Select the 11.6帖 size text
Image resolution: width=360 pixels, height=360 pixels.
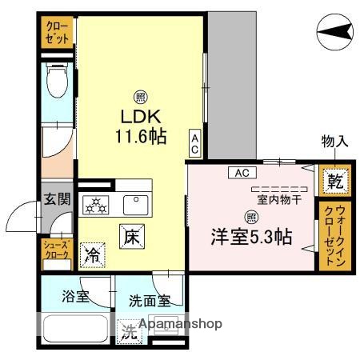point(139,137)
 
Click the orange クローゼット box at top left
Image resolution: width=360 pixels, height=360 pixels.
point(58,32)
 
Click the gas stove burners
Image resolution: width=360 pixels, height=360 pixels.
point(97,206)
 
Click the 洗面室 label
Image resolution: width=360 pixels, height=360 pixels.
point(150,302)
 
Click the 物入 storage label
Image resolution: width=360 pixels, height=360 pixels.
point(334,142)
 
